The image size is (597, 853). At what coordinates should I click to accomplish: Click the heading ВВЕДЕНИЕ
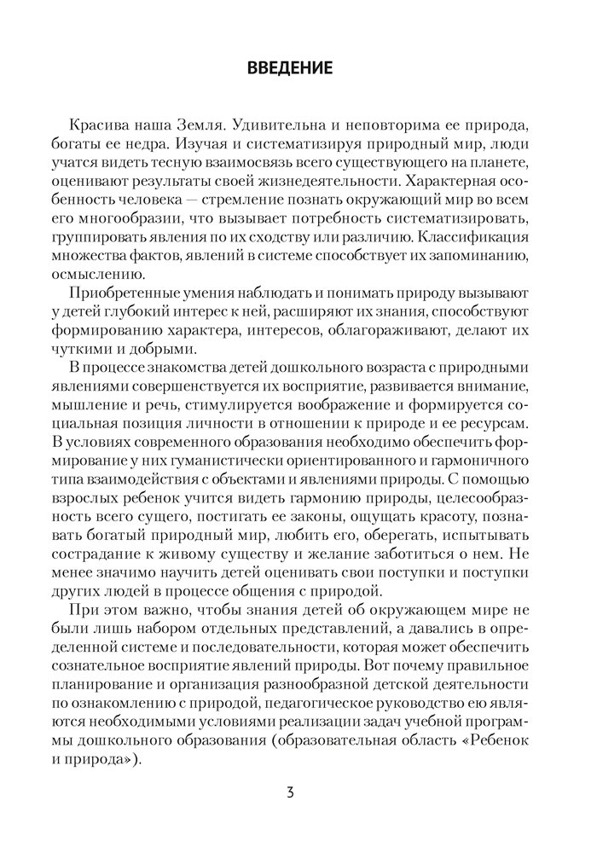298,67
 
